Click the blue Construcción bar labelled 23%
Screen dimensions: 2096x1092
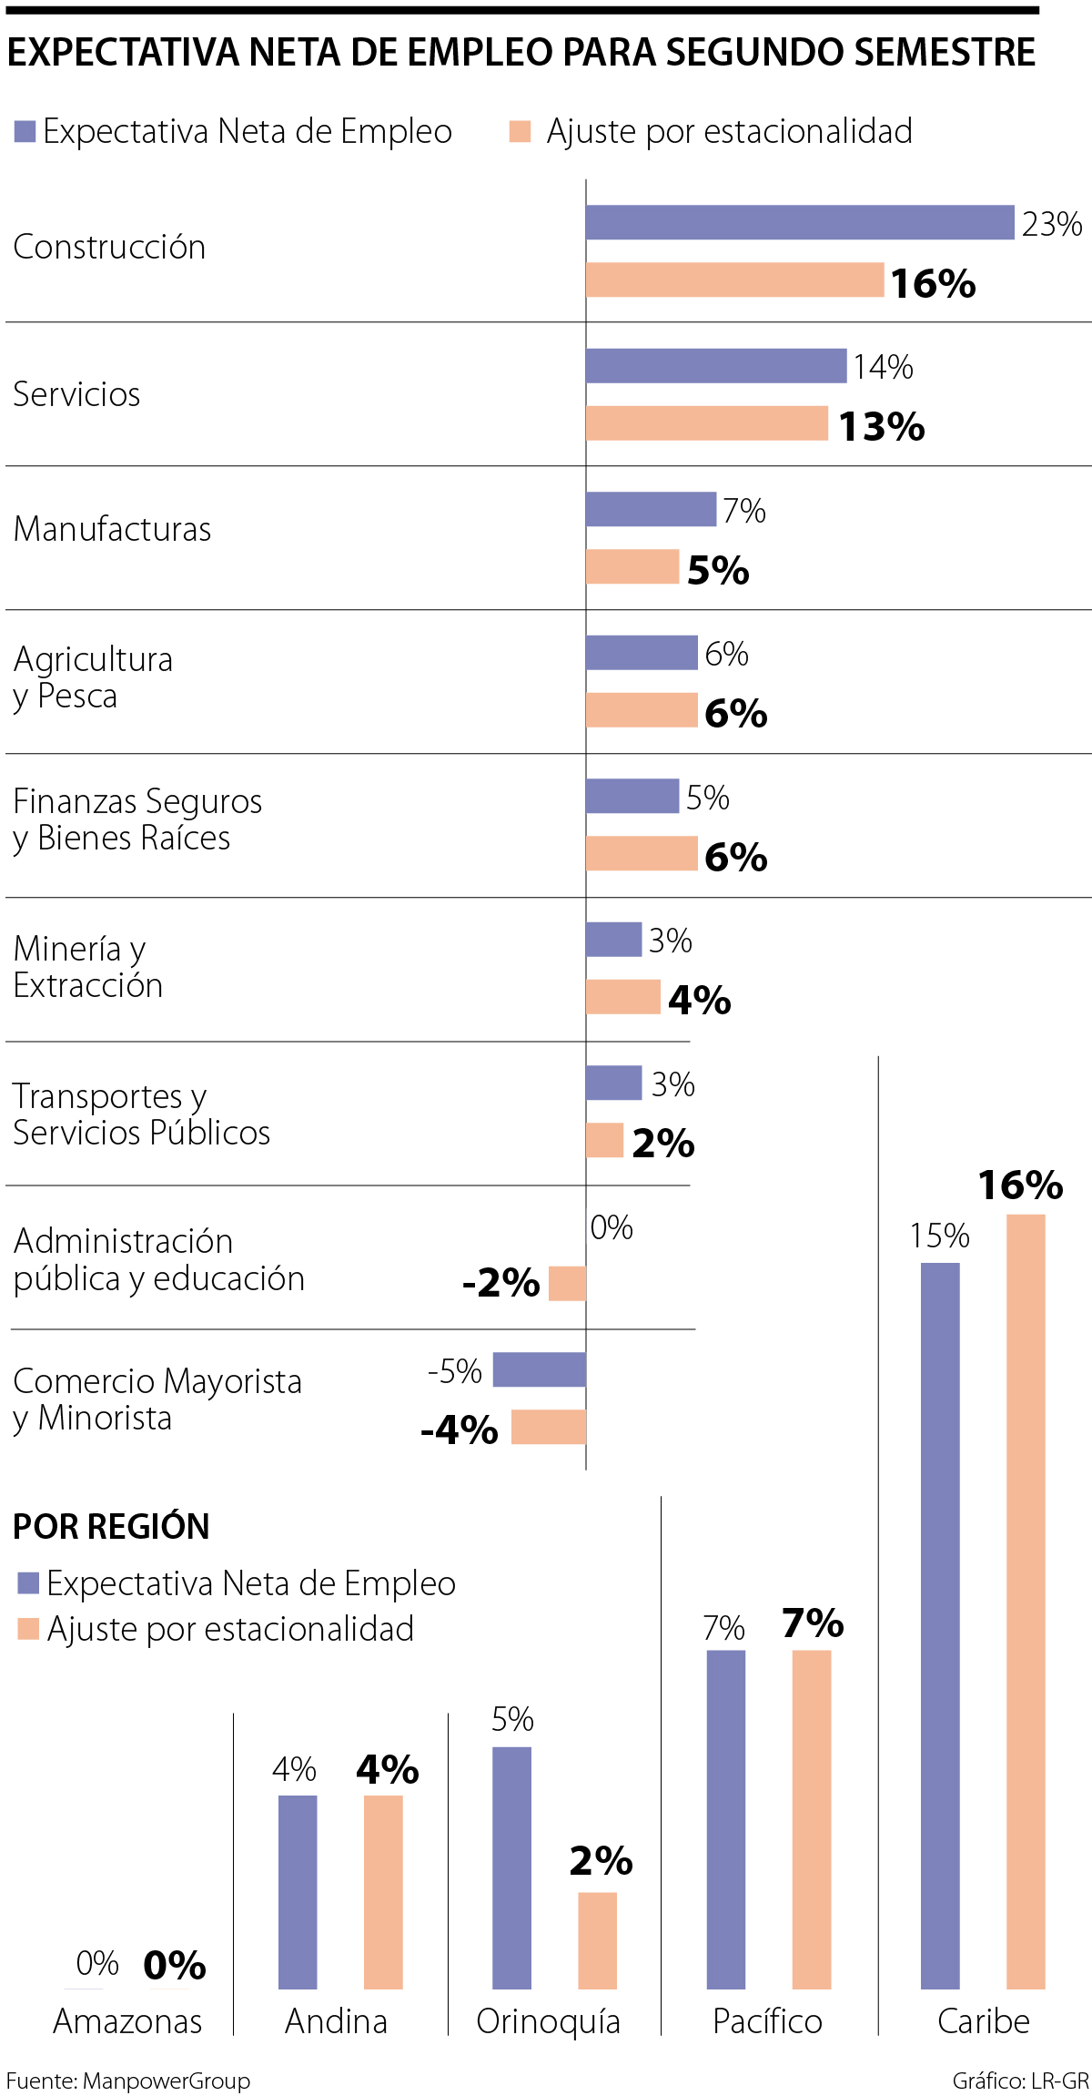(x=799, y=222)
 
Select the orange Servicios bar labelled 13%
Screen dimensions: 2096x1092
(x=707, y=423)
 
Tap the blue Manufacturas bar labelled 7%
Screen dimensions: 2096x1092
(x=651, y=509)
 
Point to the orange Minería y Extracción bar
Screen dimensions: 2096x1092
(x=623, y=996)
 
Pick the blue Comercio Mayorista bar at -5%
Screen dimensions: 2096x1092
(x=540, y=1369)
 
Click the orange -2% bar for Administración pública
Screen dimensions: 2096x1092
(x=568, y=1283)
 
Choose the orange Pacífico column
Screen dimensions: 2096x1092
(x=812, y=1820)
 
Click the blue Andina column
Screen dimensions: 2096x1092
(x=298, y=1892)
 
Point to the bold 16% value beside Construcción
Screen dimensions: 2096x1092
(x=933, y=283)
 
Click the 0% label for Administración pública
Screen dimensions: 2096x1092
(x=612, y=1227)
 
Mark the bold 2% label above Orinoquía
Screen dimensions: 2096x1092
(x=601, y=1861)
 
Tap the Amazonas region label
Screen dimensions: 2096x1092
(x=127, y=2021)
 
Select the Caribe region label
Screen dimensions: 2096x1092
(x=984, y=2021)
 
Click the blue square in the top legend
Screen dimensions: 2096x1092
(x=25, y=132)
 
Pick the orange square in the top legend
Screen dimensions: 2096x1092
(x=520, y=132)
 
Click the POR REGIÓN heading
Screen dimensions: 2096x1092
(x=111, y=1526)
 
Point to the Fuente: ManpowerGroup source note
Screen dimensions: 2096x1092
(x=128, y=2081)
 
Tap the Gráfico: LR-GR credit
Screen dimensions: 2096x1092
(x=1020, y=2081)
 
